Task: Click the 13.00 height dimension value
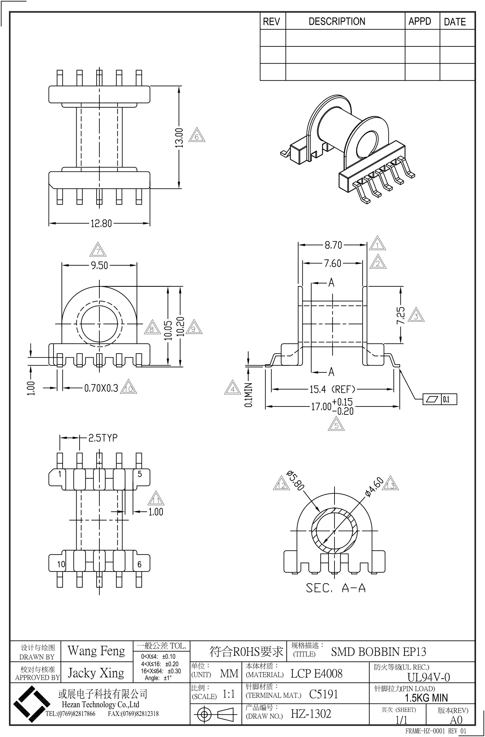click(x=179, y=138)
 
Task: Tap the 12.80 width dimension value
click(x=101, y=223)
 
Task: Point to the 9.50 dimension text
click(x=99, y=265)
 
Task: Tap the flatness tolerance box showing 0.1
click(x=440, y=399)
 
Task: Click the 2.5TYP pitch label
click(x=103, y=438)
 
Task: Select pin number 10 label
click(x=61, y=565)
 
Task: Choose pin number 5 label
click(x=140, y=474)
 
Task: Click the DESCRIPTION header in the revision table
click(x=336, y=22)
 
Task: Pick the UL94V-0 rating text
click(x=428, y=677)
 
